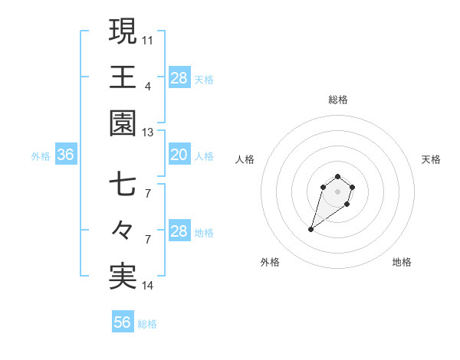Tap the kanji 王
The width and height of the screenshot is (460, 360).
[x=123, y=77]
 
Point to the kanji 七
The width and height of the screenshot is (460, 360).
[x=123, y=185]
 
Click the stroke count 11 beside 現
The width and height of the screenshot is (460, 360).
[x=148, y=39]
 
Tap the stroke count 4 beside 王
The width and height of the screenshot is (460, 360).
[x=148, y=86]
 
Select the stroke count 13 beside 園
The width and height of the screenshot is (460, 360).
[x=148, y=133]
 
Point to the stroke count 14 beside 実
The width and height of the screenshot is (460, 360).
[x=148, y=286]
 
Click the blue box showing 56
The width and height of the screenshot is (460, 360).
[x=123, y=322]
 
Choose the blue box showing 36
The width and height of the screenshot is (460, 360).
[x=66, y=155]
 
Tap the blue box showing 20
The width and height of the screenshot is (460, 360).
[x=179, y=155]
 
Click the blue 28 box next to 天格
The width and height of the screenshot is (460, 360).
[x=179, y=78]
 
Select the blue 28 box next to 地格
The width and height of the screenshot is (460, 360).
[x=179, y=231]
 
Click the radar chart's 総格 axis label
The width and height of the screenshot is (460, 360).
[x=337, y=100]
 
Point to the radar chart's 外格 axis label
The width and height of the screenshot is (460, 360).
[x=270, y=262]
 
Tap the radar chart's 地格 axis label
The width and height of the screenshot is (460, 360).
[x=402, y=262]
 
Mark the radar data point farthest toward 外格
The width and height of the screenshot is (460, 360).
[x=311, y=229]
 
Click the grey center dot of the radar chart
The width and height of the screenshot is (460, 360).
[x=337, y=191]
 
